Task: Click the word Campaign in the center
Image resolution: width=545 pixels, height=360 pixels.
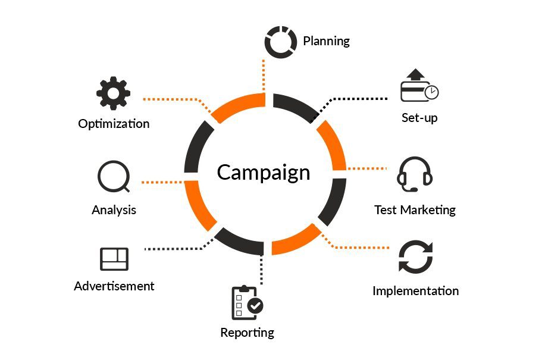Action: click(x=264, y=173)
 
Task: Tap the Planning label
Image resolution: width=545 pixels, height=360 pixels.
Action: click(x=327, y=41)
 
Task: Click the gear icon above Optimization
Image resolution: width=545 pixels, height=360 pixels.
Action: click(x=113, y=93)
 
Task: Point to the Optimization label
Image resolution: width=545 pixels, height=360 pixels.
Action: click(x=114, y=124)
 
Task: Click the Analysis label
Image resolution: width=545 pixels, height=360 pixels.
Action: click(x=114, y=210)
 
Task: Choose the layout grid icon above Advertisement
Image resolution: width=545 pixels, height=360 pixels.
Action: click(x=114, y=259)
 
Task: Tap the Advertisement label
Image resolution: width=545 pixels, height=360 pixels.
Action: click(x=114, y=286)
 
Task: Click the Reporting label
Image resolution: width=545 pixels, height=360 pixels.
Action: click(x=247, y=333)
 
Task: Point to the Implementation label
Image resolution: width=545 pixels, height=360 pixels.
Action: click(x=416, y=291)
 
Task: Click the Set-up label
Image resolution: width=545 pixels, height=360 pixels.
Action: click(x=419, y=118)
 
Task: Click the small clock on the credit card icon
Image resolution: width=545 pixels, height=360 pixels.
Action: click(x=432, y=92)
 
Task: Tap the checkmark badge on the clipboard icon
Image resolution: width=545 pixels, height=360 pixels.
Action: click(x=255, y=306)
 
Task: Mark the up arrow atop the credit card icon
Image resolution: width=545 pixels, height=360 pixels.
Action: click(x=416, y=74)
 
